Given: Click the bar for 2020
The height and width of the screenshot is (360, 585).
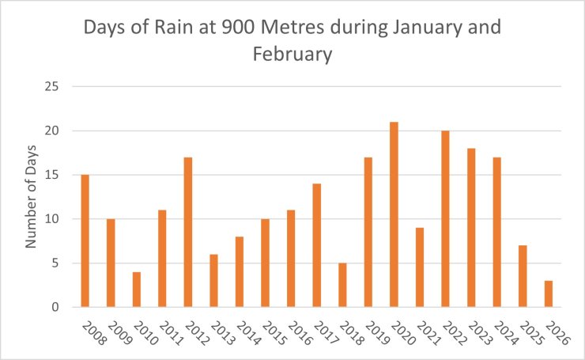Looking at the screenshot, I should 394,214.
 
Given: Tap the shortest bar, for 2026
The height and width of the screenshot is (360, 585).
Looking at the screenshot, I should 548,294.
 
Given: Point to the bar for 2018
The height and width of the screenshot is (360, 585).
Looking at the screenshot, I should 342,285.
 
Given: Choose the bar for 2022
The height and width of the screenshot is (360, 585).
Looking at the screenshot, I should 445,218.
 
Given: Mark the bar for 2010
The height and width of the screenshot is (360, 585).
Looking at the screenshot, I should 136,290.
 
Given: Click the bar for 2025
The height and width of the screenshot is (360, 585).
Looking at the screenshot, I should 523,276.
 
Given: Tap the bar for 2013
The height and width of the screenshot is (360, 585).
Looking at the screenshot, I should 213,280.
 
